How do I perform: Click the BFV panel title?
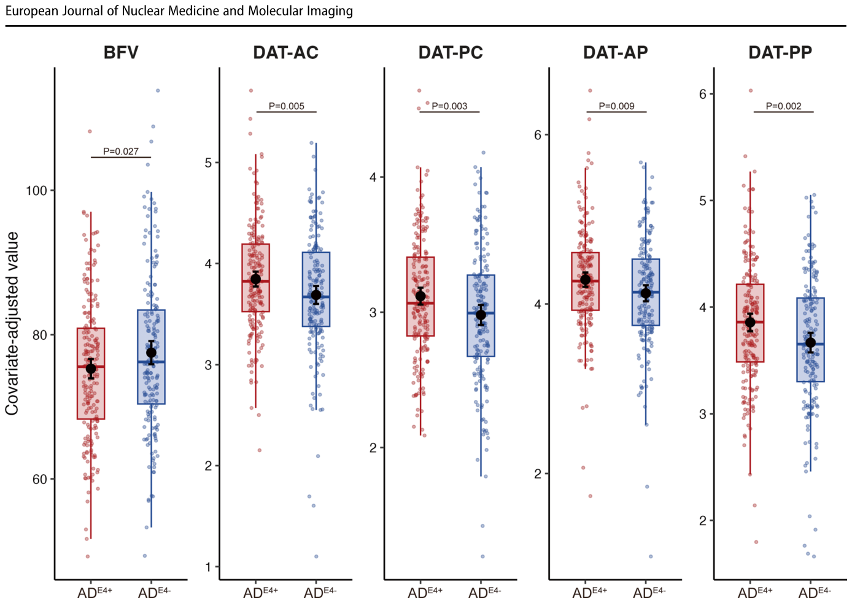click(120, 53)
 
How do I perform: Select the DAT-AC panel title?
click(285, 53)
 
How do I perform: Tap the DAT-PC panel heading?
click(451, 53)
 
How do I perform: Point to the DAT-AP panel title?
click(616, 53)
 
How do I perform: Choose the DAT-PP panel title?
click(780, 53)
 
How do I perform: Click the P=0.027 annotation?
click(121, 152)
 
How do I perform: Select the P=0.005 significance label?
click(287, 106)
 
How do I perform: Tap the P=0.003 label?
click(449, 106)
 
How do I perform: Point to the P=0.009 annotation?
click(616, 106)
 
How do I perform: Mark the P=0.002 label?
click(783, 106)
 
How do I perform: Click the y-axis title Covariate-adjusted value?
click(12, 323)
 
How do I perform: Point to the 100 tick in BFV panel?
click(36, 190)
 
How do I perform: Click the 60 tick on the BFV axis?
click(39, 480)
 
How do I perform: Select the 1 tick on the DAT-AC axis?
click(207, 567)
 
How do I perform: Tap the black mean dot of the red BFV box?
click(91, 369)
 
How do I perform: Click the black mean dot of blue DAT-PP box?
click(810, 342)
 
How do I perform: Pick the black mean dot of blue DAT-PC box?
click(481, 315)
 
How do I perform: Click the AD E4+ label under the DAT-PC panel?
click(425, 593)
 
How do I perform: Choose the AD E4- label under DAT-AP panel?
click(649, 593)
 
